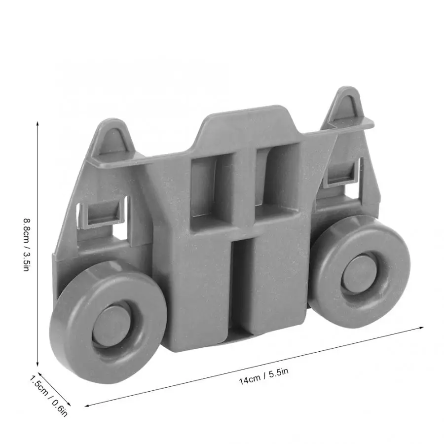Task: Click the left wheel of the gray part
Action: tap(108, 322)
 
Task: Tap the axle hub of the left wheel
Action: tap(112, 326)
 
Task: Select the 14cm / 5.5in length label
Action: tap(263, 376)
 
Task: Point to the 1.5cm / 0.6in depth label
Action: tap(49, 396)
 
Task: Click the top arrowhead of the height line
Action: tap(37, 123)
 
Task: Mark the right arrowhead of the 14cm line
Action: tap(421, 328)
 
